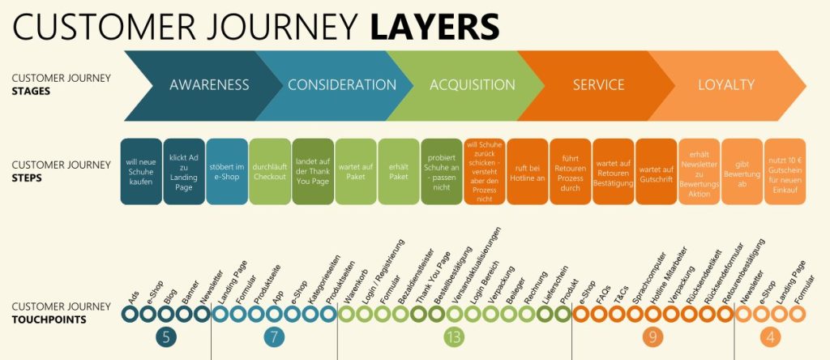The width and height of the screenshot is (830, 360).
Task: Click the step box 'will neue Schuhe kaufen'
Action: [141, 172]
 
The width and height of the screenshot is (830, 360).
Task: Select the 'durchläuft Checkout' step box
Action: [270, 172]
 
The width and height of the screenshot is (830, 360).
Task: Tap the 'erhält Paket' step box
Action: [399, 172]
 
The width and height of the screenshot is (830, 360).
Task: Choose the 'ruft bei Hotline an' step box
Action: [527, 172]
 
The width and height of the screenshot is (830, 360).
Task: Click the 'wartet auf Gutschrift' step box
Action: [657, 172]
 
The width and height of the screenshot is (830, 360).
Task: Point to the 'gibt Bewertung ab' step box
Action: [742, 172]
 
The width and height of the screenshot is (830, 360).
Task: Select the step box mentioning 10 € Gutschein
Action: [785, 172]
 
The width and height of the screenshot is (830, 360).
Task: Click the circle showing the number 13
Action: [454, 337]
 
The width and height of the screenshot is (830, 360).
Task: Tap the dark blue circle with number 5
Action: [166, 337]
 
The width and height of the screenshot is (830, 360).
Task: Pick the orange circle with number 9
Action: [652, 337]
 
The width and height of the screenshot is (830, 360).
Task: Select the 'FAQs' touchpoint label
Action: [603, 294]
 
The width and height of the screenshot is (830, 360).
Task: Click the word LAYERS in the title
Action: [434, 27]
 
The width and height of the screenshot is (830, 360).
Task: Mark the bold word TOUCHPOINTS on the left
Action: [49, 319]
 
